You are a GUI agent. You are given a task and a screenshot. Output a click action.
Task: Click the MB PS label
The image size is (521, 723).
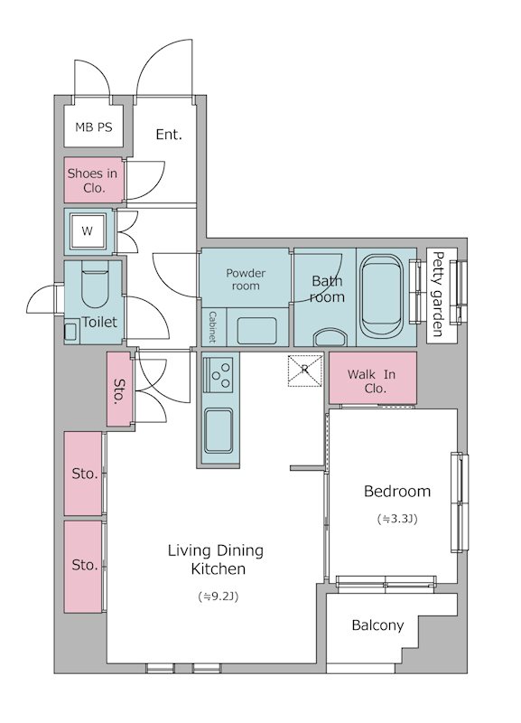point(94,127)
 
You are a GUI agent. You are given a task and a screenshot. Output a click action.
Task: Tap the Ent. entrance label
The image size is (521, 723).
point(169,135)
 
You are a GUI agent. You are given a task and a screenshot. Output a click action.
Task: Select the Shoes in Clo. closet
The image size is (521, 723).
point(94,180)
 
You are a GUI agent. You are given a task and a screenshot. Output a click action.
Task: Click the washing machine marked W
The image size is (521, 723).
point(87,231)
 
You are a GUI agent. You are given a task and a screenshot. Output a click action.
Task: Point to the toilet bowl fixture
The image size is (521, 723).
point(95,285)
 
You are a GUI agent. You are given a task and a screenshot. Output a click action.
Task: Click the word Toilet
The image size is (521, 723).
point(99,322)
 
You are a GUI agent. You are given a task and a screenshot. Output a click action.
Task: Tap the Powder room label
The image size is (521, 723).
point(246,279)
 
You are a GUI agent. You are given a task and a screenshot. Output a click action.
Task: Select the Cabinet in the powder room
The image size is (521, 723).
point(213,327)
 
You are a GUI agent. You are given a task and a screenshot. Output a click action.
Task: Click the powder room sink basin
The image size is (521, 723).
point(257,330)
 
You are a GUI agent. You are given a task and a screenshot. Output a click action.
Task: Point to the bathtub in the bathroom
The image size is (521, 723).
point(380,296)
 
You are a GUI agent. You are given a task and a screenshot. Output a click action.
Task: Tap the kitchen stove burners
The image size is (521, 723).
point(219,375)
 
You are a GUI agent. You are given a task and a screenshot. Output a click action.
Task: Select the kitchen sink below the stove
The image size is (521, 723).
point(219,431)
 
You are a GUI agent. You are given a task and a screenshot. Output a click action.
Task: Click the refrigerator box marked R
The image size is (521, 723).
point(304,371)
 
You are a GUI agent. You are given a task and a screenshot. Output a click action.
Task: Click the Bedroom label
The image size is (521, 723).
point(397,491)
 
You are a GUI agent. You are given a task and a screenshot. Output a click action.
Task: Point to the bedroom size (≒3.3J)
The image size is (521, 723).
point(397,519)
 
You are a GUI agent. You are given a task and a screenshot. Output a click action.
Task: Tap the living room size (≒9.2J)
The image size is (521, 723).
point(218,596)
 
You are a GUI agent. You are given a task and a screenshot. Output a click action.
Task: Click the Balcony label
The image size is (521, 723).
point(377,625)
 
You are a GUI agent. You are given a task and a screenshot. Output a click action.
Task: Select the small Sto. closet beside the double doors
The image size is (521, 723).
point(119,390)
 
